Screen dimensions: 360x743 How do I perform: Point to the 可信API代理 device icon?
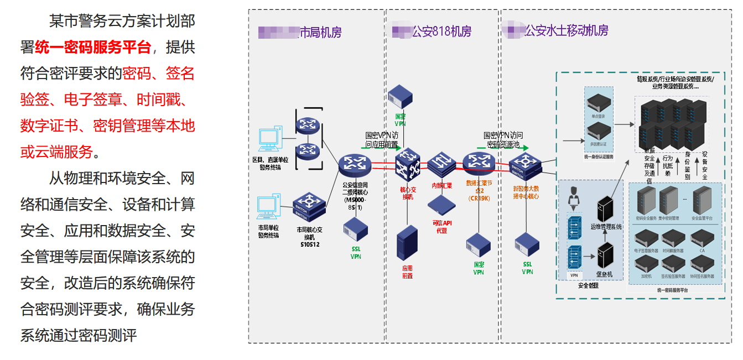pyautogui.click(x=441, y=206)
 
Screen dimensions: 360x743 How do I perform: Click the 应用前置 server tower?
pyautogui.click(x=407, y=244)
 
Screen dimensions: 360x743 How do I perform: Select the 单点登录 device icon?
pyautogui.click(x=599, y=103)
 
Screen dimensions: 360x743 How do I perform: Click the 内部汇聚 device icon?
pyautogui.click(x=441, y=164)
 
